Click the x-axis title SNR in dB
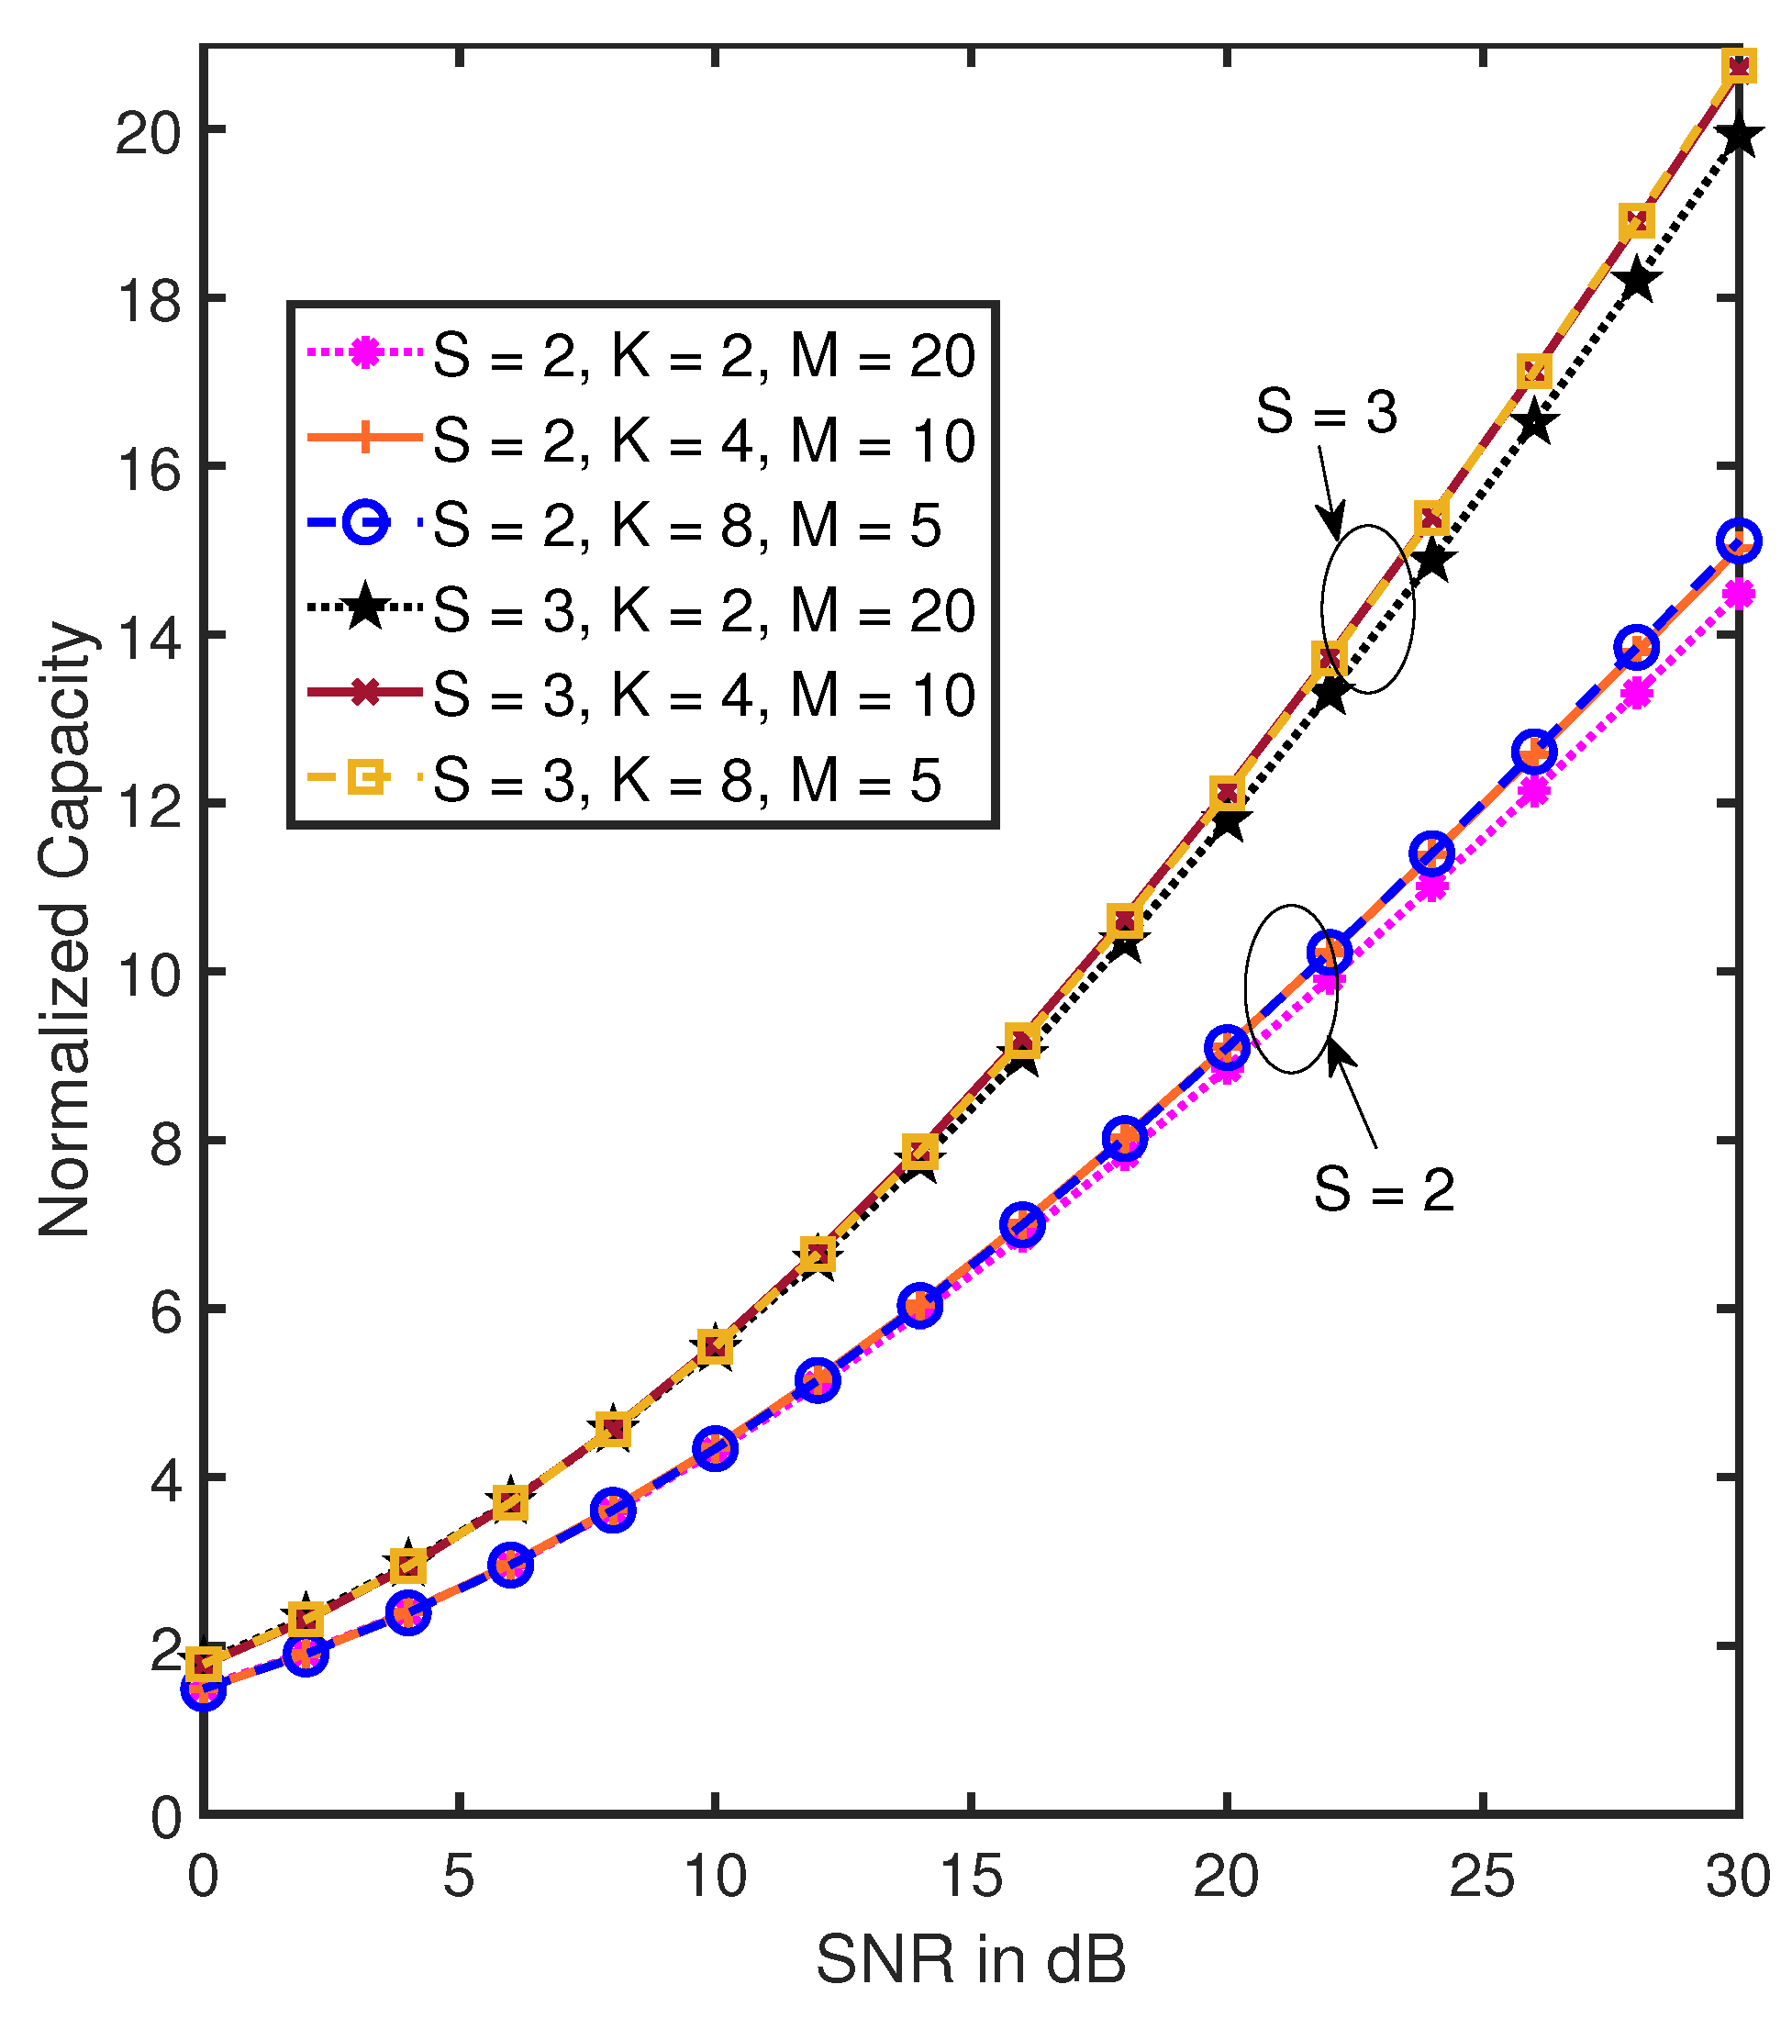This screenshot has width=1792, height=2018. tap(971, 1961)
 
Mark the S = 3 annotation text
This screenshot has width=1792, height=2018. tap(1326, 412)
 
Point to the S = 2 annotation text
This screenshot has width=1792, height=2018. tap(1384, 1189)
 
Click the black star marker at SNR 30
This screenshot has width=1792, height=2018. tap(1739, 138)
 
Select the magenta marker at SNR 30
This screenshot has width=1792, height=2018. tap(1739, 595)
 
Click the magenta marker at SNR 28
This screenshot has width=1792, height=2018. tap(1636, 694)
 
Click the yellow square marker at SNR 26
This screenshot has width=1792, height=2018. tap(1533, 372)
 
